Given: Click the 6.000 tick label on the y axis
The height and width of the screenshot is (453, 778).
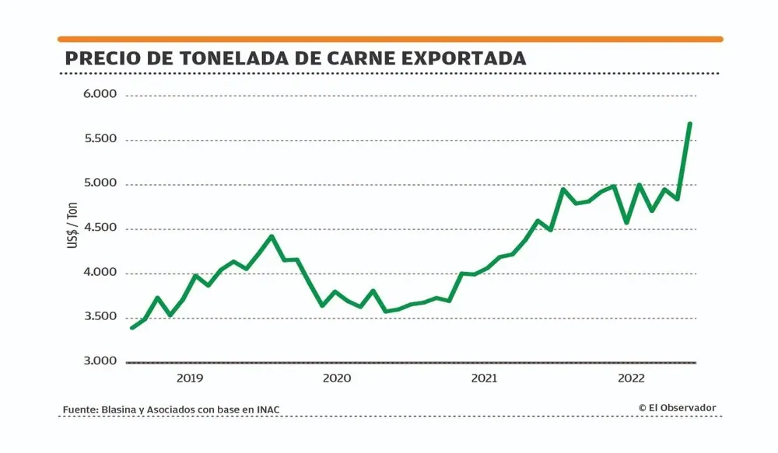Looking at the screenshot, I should (99, 95).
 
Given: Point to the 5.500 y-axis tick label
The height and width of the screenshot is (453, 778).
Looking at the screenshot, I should (99, 139).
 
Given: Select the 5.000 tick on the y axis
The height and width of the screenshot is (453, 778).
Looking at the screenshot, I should (99, 184).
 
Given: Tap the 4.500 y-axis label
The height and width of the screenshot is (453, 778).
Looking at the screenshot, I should (99, 228).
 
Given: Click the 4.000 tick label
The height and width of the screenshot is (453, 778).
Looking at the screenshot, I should (99, 273).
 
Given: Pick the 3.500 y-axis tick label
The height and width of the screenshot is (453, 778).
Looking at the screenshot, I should (99, 317).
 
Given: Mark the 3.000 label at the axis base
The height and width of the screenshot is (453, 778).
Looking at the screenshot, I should (99, 361).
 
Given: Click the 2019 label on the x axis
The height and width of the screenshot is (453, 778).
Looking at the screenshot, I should (189, 378).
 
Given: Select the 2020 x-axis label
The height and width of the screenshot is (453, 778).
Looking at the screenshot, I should (336, 378).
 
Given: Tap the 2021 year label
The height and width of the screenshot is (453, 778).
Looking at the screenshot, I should (484, 378).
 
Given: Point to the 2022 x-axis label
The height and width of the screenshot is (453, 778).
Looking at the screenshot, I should (631, 378).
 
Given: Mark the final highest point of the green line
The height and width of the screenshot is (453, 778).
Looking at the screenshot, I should (689, 124).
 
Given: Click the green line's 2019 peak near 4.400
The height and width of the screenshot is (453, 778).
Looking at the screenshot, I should (271, 236).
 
